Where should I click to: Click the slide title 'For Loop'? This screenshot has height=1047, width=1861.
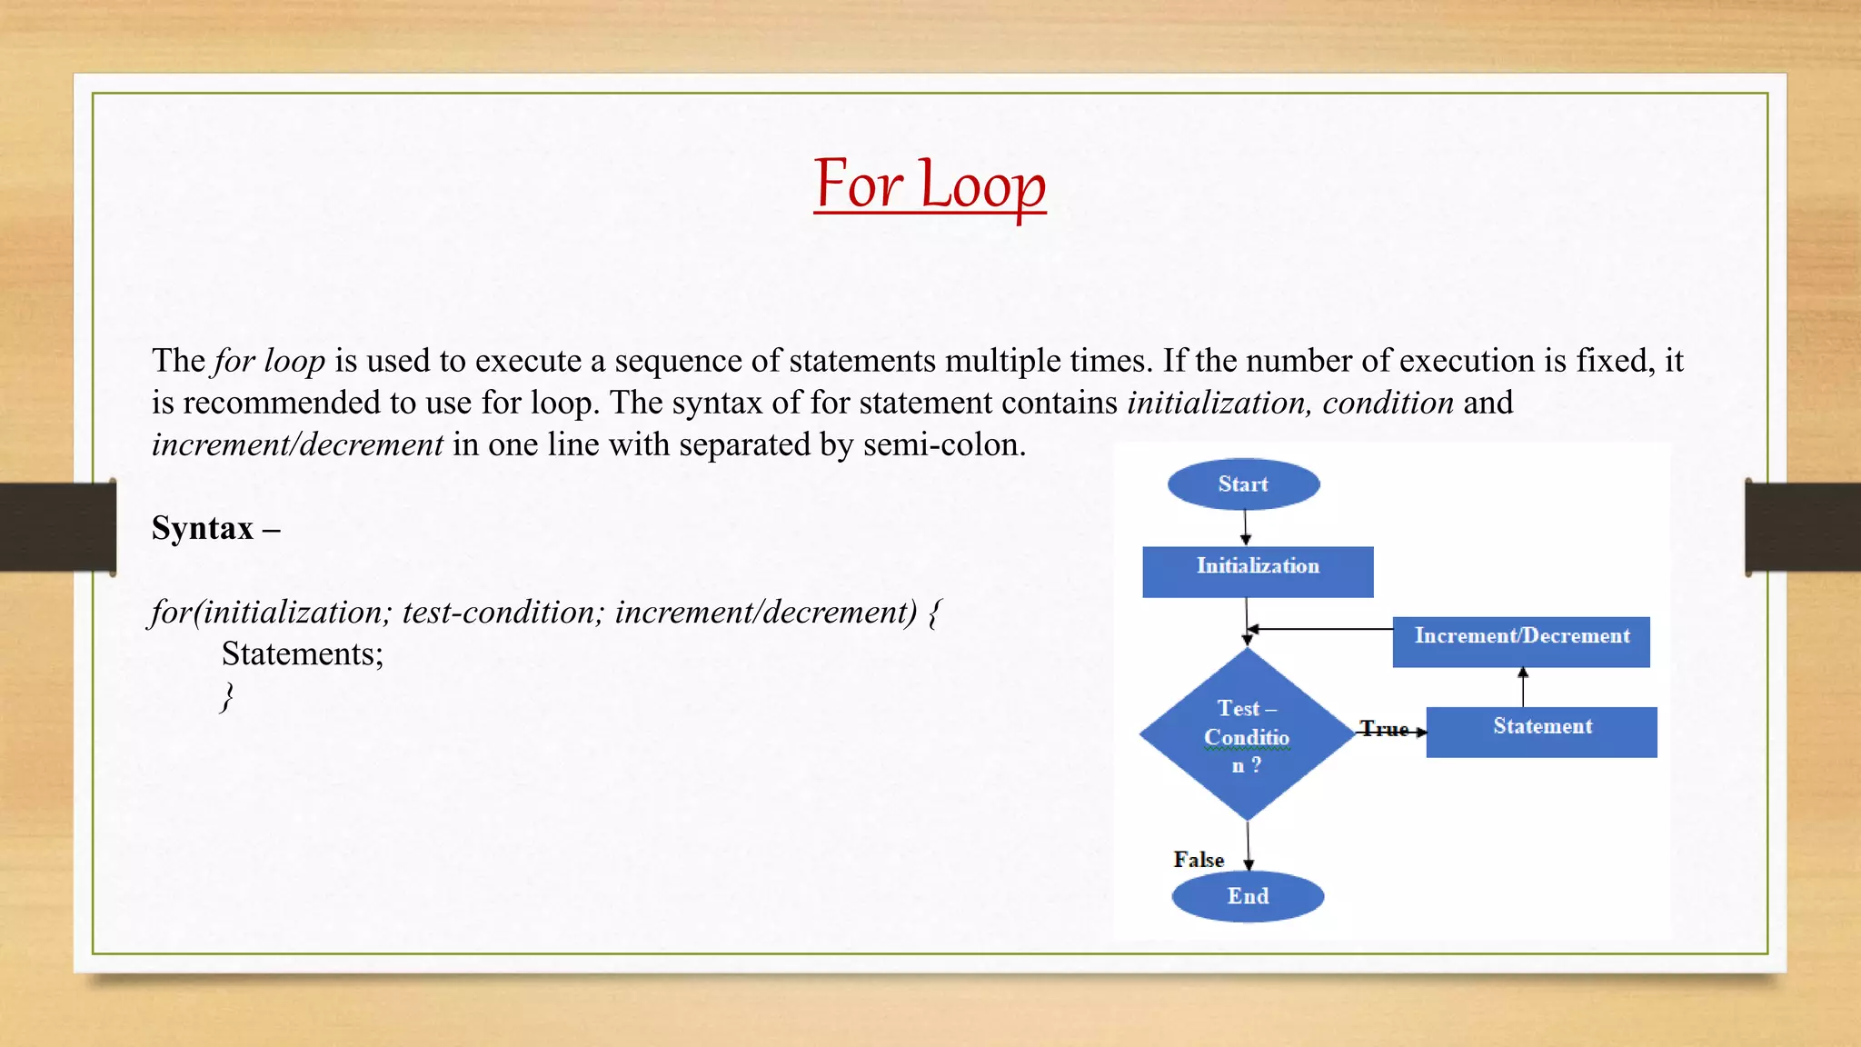point(930,185)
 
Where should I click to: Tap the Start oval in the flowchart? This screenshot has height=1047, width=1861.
point(1243,484)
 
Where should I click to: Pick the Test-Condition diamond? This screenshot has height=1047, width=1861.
point(1247,735)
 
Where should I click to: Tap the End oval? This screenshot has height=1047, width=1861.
point(1248,896)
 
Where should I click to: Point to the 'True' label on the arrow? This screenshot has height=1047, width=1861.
point(1383,729)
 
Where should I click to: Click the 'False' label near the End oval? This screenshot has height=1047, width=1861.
point(1199,860)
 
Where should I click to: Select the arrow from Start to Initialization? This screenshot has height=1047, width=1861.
point(1245,527)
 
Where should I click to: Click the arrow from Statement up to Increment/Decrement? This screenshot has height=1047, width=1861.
point(1523,687)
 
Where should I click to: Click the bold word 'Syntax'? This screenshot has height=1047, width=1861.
point(203,528)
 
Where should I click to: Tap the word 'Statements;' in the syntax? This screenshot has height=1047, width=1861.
point(303,654)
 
